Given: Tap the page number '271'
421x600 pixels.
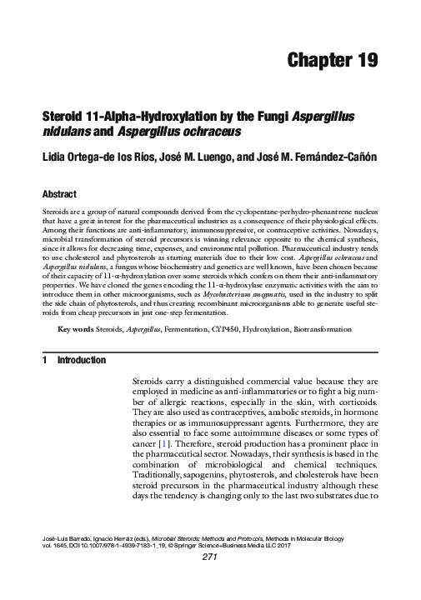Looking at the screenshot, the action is [210, 581].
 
